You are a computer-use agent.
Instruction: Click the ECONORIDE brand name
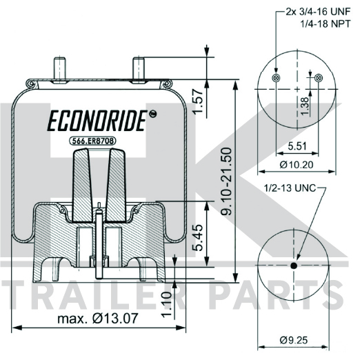[97, 121]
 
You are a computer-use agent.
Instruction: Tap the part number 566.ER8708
[92, 141]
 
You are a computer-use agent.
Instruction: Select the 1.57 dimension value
[198, 101]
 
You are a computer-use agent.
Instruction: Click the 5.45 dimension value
[198, 237]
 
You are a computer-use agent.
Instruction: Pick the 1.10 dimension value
[168, 305]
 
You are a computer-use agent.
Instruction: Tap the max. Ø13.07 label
[98, 319]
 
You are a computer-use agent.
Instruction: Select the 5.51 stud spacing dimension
[297, 146]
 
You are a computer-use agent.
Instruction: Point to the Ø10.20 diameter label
[297, 165]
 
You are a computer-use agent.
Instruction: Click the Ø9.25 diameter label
[294, 340]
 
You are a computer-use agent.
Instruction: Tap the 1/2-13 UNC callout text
[290, 188]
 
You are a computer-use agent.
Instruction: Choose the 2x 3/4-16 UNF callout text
[318, 12]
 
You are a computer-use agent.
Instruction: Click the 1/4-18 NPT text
[326, 23]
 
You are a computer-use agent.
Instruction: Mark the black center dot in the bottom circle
[294, 266]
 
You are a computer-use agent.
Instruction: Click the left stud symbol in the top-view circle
[276, 78]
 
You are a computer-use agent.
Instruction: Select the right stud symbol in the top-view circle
[319, 78]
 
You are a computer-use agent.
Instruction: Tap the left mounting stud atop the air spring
[59, 68]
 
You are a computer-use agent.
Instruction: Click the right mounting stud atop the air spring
[139, 68]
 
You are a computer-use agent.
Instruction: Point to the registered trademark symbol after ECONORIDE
[152, 114]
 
